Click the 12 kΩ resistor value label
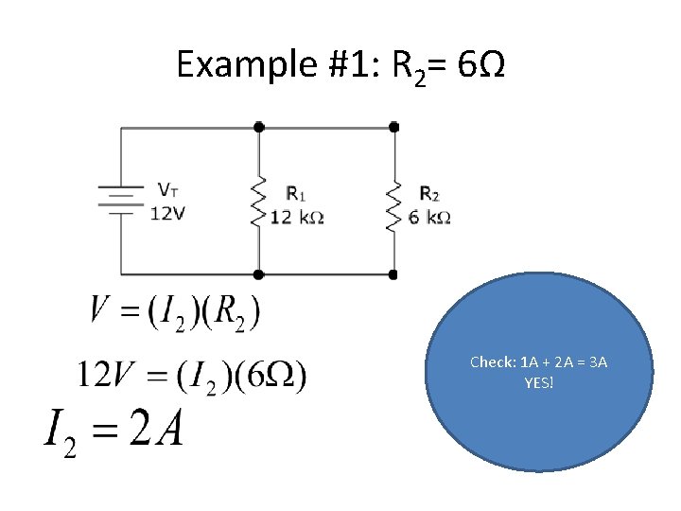[x=297, y=218]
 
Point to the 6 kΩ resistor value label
[x=429, y=218]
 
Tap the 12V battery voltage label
[x=167, y=213]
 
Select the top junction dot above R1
[x=259, y=127]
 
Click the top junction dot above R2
[x=394, y=127]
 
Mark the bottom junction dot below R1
[x=259, y=274]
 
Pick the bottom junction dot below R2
[x=394, y=274]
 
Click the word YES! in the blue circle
[x=539, y=382]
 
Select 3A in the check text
[x=598, y=362]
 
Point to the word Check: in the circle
[x=493, y=362]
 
